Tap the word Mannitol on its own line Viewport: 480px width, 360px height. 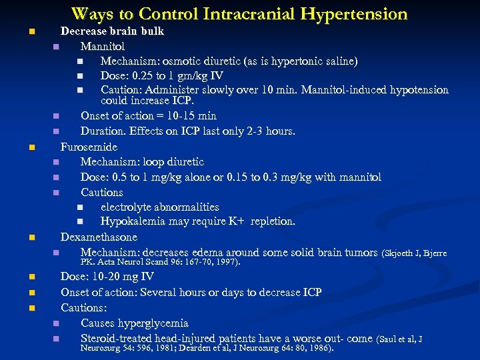103,47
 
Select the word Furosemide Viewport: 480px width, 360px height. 89,147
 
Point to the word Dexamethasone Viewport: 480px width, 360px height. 99,237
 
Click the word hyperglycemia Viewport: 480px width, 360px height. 156,323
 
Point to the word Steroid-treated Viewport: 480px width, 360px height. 117,339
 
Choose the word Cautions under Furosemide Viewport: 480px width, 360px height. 102,192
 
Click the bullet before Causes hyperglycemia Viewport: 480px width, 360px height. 57,324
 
